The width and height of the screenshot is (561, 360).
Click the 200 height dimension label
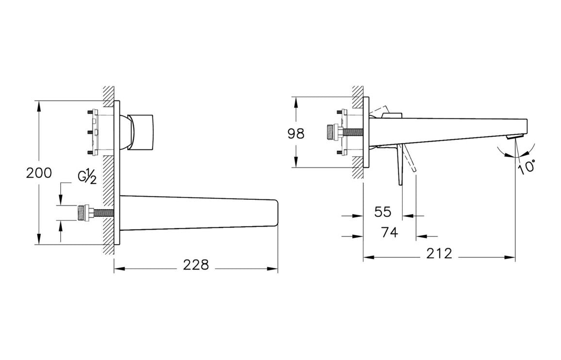tap(39, 173)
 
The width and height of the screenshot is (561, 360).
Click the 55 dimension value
tap(382, 212)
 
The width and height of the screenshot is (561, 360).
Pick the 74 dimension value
tap(389, 232)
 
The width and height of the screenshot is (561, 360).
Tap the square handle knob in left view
tap(143, 131)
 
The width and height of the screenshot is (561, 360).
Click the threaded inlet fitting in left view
tap(87, 212)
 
